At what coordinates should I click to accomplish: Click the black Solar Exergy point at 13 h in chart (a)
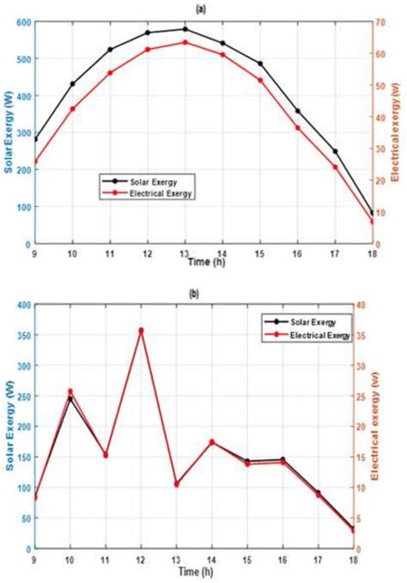coord(185,29)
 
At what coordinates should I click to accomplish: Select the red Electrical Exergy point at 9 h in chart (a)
coord(35,161)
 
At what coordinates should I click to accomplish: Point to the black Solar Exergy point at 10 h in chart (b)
coord(70,398)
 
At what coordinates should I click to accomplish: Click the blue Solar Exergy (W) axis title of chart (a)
coord(8,133)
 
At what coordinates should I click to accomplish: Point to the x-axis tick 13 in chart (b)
coord(177,558)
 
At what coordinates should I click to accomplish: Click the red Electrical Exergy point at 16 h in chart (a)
coord(298,128)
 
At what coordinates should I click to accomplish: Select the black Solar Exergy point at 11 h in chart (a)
coord(110,50)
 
